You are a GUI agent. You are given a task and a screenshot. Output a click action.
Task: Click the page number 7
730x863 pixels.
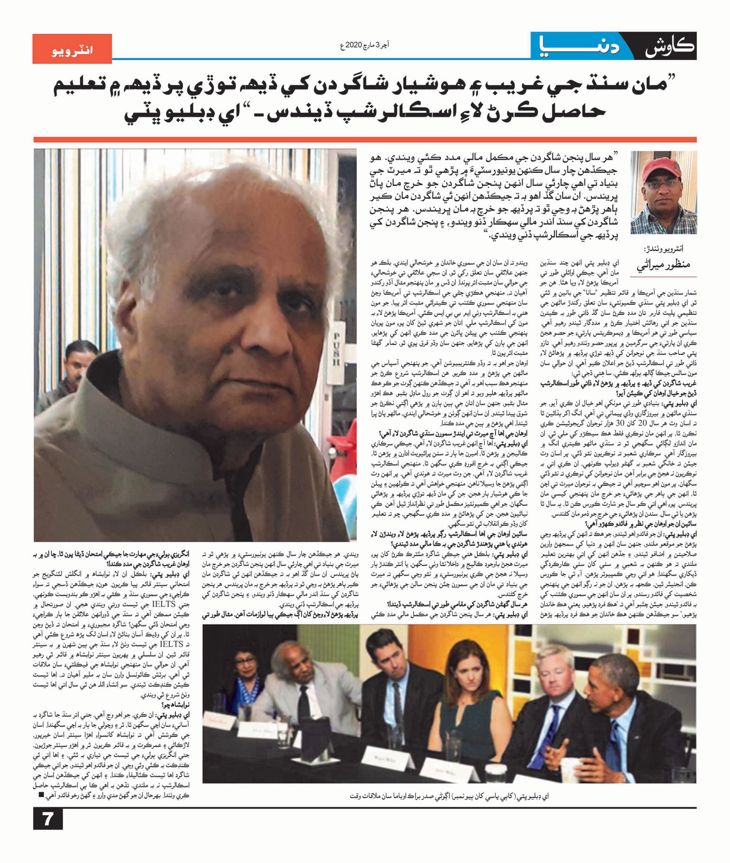[48, 819]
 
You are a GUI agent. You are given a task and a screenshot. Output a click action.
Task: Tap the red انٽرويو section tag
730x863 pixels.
[72, 49]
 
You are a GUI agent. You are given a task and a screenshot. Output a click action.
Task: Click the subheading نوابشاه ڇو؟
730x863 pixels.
[175, 704]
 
